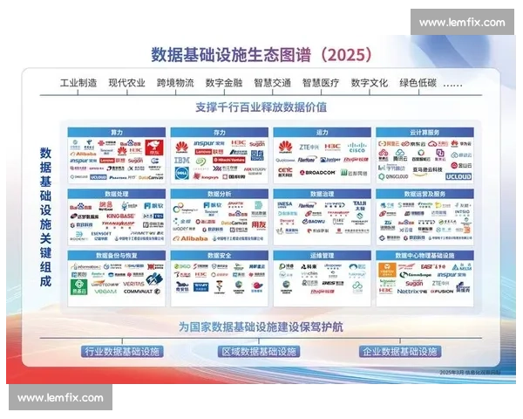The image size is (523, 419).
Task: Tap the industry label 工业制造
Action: pos(78,84)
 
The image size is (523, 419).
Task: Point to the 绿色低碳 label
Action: pos(417,84)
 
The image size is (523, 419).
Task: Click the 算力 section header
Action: pos(116,132)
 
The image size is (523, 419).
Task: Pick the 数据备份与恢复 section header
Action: pos(116,255)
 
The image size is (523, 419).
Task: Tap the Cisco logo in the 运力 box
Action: pos(357,147)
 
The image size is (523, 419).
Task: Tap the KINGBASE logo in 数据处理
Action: pos(121,216)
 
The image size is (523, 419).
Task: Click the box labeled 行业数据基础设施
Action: pos(122,351)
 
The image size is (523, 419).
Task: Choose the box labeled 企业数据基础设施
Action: pos(399,351)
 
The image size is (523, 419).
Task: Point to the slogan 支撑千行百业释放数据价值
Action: pos(261,107)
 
